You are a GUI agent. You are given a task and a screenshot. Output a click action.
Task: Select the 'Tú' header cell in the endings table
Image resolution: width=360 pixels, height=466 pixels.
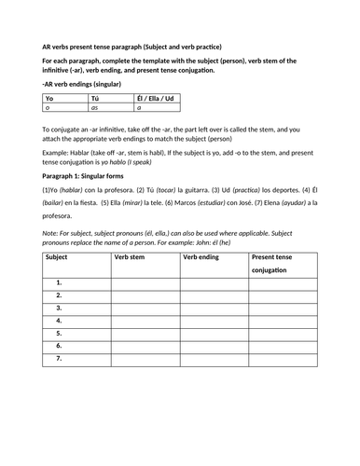(x=93, y=97)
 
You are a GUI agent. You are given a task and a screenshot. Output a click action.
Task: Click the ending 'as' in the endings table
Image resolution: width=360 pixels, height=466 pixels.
(x=93, y=108)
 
